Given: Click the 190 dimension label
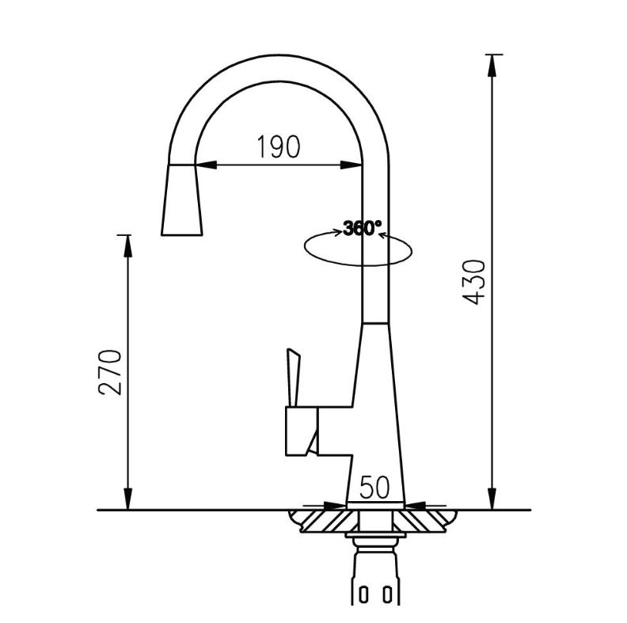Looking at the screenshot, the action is click(279, 146).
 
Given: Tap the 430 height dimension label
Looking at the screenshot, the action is click(473, 283).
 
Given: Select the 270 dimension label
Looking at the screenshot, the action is click(109, 372).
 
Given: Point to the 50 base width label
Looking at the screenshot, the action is click(374, 488).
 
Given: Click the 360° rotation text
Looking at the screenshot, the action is click(363, 228).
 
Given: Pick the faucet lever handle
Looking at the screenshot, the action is click(294, 378).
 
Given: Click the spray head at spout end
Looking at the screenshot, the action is click(182, 199).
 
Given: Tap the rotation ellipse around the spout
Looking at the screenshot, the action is click(358, 249).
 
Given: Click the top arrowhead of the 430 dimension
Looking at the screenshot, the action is click(492, 66).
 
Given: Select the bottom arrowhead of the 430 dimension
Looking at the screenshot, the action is click(492, 499).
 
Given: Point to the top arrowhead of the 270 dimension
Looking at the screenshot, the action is click(127, 246).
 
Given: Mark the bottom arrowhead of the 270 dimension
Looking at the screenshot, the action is click(127, 499).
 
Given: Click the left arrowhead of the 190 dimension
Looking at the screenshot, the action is click(206, 165).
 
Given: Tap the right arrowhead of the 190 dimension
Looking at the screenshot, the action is click(351, 165).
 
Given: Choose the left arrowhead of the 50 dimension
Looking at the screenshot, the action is click(335, 507).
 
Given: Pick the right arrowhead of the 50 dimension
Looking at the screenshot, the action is click(416, 507).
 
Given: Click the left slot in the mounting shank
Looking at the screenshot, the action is click(363, 595).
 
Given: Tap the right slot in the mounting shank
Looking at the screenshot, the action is click(386, 595).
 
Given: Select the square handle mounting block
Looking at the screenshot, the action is click(302, 431).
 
